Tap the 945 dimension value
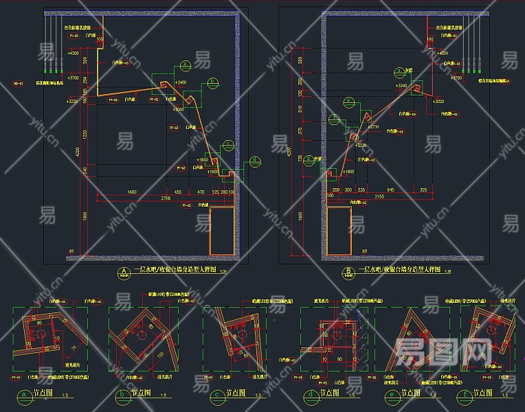pos(390,189)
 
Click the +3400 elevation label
pos(180,82)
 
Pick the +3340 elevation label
pos(403,86)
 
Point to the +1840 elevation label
pos(201,160)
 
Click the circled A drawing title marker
pos(123,271)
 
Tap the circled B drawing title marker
pos(348,271)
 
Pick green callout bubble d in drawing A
pos(255,161)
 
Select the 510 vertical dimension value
pos(301,110)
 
